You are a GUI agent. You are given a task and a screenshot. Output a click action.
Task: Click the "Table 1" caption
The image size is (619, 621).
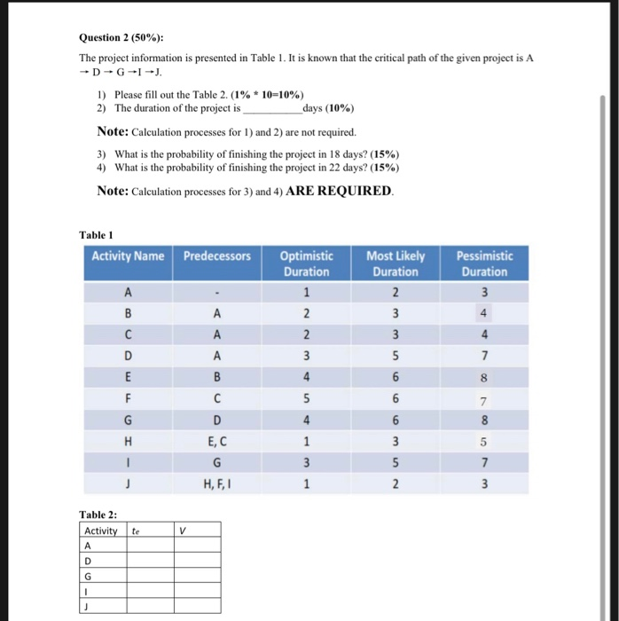coord(96,234)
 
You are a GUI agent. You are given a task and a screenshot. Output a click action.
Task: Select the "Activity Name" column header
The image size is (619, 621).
coord(129,256)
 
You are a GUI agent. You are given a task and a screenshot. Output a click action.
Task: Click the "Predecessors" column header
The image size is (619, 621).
coord(217,256)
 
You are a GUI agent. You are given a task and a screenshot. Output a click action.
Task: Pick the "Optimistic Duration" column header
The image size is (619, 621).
coord(307,263)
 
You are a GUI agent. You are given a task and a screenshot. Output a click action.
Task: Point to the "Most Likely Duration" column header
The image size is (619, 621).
coord(396,263)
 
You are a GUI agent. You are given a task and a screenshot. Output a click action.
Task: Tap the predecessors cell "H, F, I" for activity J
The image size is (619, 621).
coord(217,482)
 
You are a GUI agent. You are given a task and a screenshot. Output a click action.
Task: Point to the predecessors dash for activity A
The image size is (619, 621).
coord(217,292)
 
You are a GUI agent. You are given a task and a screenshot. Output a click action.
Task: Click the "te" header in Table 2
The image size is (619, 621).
coord(137,531)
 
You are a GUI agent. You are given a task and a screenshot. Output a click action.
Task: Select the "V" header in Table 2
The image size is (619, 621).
coord(182,531)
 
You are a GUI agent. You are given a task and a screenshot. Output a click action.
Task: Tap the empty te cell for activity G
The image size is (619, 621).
coord(150,575)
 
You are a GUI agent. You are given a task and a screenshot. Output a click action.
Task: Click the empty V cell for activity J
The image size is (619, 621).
coord(197,605)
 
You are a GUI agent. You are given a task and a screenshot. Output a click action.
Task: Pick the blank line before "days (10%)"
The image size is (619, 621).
coord(271,109)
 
